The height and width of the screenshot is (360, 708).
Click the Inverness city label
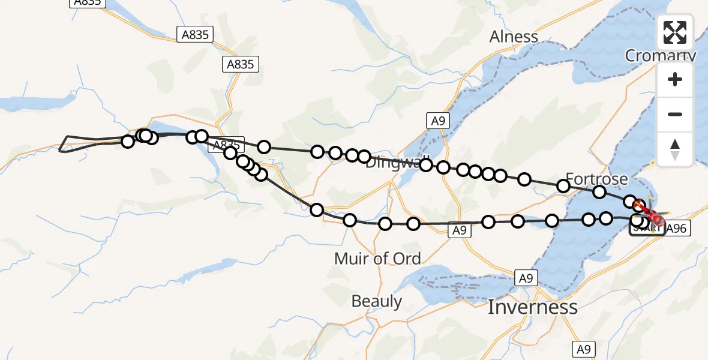pos(532,307)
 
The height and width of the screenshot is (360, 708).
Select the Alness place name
pos(514,37)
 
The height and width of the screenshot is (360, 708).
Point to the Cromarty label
pos(660,56)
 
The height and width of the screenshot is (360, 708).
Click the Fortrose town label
pos(596,179)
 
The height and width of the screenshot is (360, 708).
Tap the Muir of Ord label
pos(377,259)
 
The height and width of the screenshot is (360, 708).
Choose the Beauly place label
pos(377,301)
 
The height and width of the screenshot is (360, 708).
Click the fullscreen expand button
pos(675,32)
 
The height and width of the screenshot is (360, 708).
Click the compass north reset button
pos(675,149)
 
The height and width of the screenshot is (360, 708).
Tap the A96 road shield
pos(676,228)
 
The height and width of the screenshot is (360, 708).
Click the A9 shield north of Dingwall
pos(439,121)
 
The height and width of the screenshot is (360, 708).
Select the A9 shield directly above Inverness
pos(526,278)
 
